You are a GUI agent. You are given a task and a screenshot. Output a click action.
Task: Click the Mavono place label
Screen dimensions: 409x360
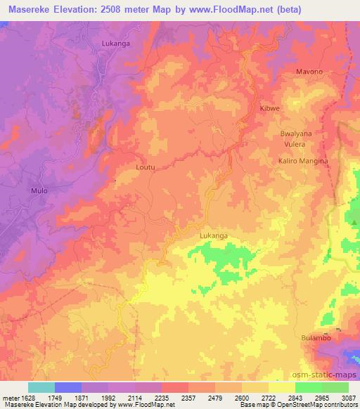[309, 72]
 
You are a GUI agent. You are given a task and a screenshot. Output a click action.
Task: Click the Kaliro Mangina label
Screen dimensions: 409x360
[303, 161]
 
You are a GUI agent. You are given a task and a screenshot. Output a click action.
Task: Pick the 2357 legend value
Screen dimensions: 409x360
[188, 397]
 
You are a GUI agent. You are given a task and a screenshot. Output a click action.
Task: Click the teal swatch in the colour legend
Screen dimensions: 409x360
[41, 387]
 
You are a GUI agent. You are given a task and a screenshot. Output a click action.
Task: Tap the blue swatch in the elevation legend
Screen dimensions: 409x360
[67, 387]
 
